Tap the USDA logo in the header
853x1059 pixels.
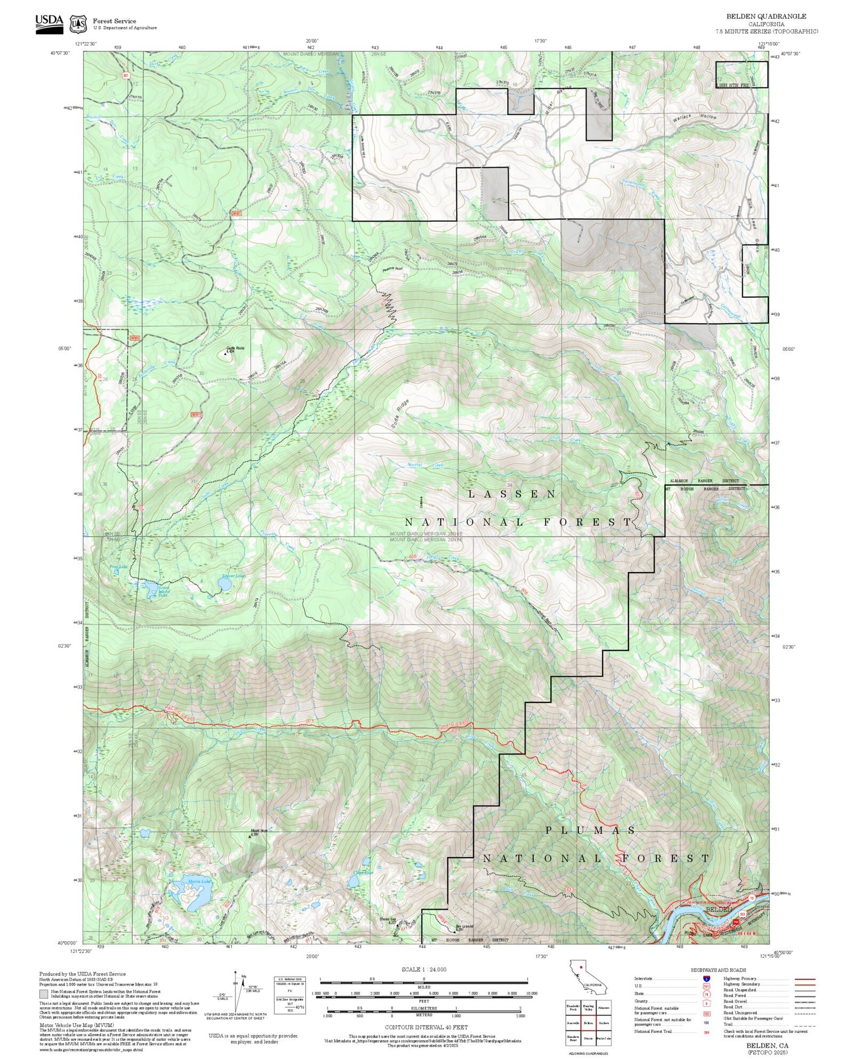click(49, 23)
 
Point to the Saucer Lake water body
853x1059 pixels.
click(224, 584)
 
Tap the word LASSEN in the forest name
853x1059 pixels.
click(512, 494)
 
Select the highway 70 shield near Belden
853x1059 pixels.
click(752, 897)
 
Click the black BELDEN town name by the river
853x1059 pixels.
click(719, 909)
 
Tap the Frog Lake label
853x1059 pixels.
click(118, 566)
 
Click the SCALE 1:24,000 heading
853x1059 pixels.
click(424, 969)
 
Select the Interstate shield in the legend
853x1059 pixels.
click(706, 978)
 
